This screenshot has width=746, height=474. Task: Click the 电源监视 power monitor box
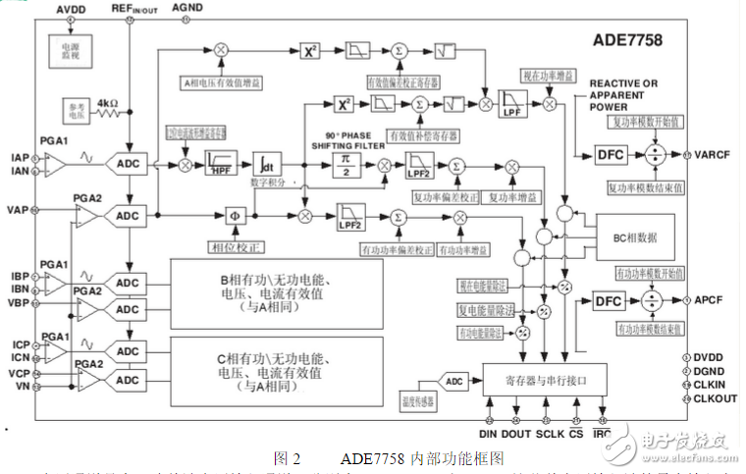tap(70, 48)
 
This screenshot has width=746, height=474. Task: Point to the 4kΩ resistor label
tap(109, 101)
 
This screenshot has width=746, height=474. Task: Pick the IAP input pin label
tap(19, 156)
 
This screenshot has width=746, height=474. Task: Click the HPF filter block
tap(224, 163)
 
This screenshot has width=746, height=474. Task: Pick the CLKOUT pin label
tap(714, 398)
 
